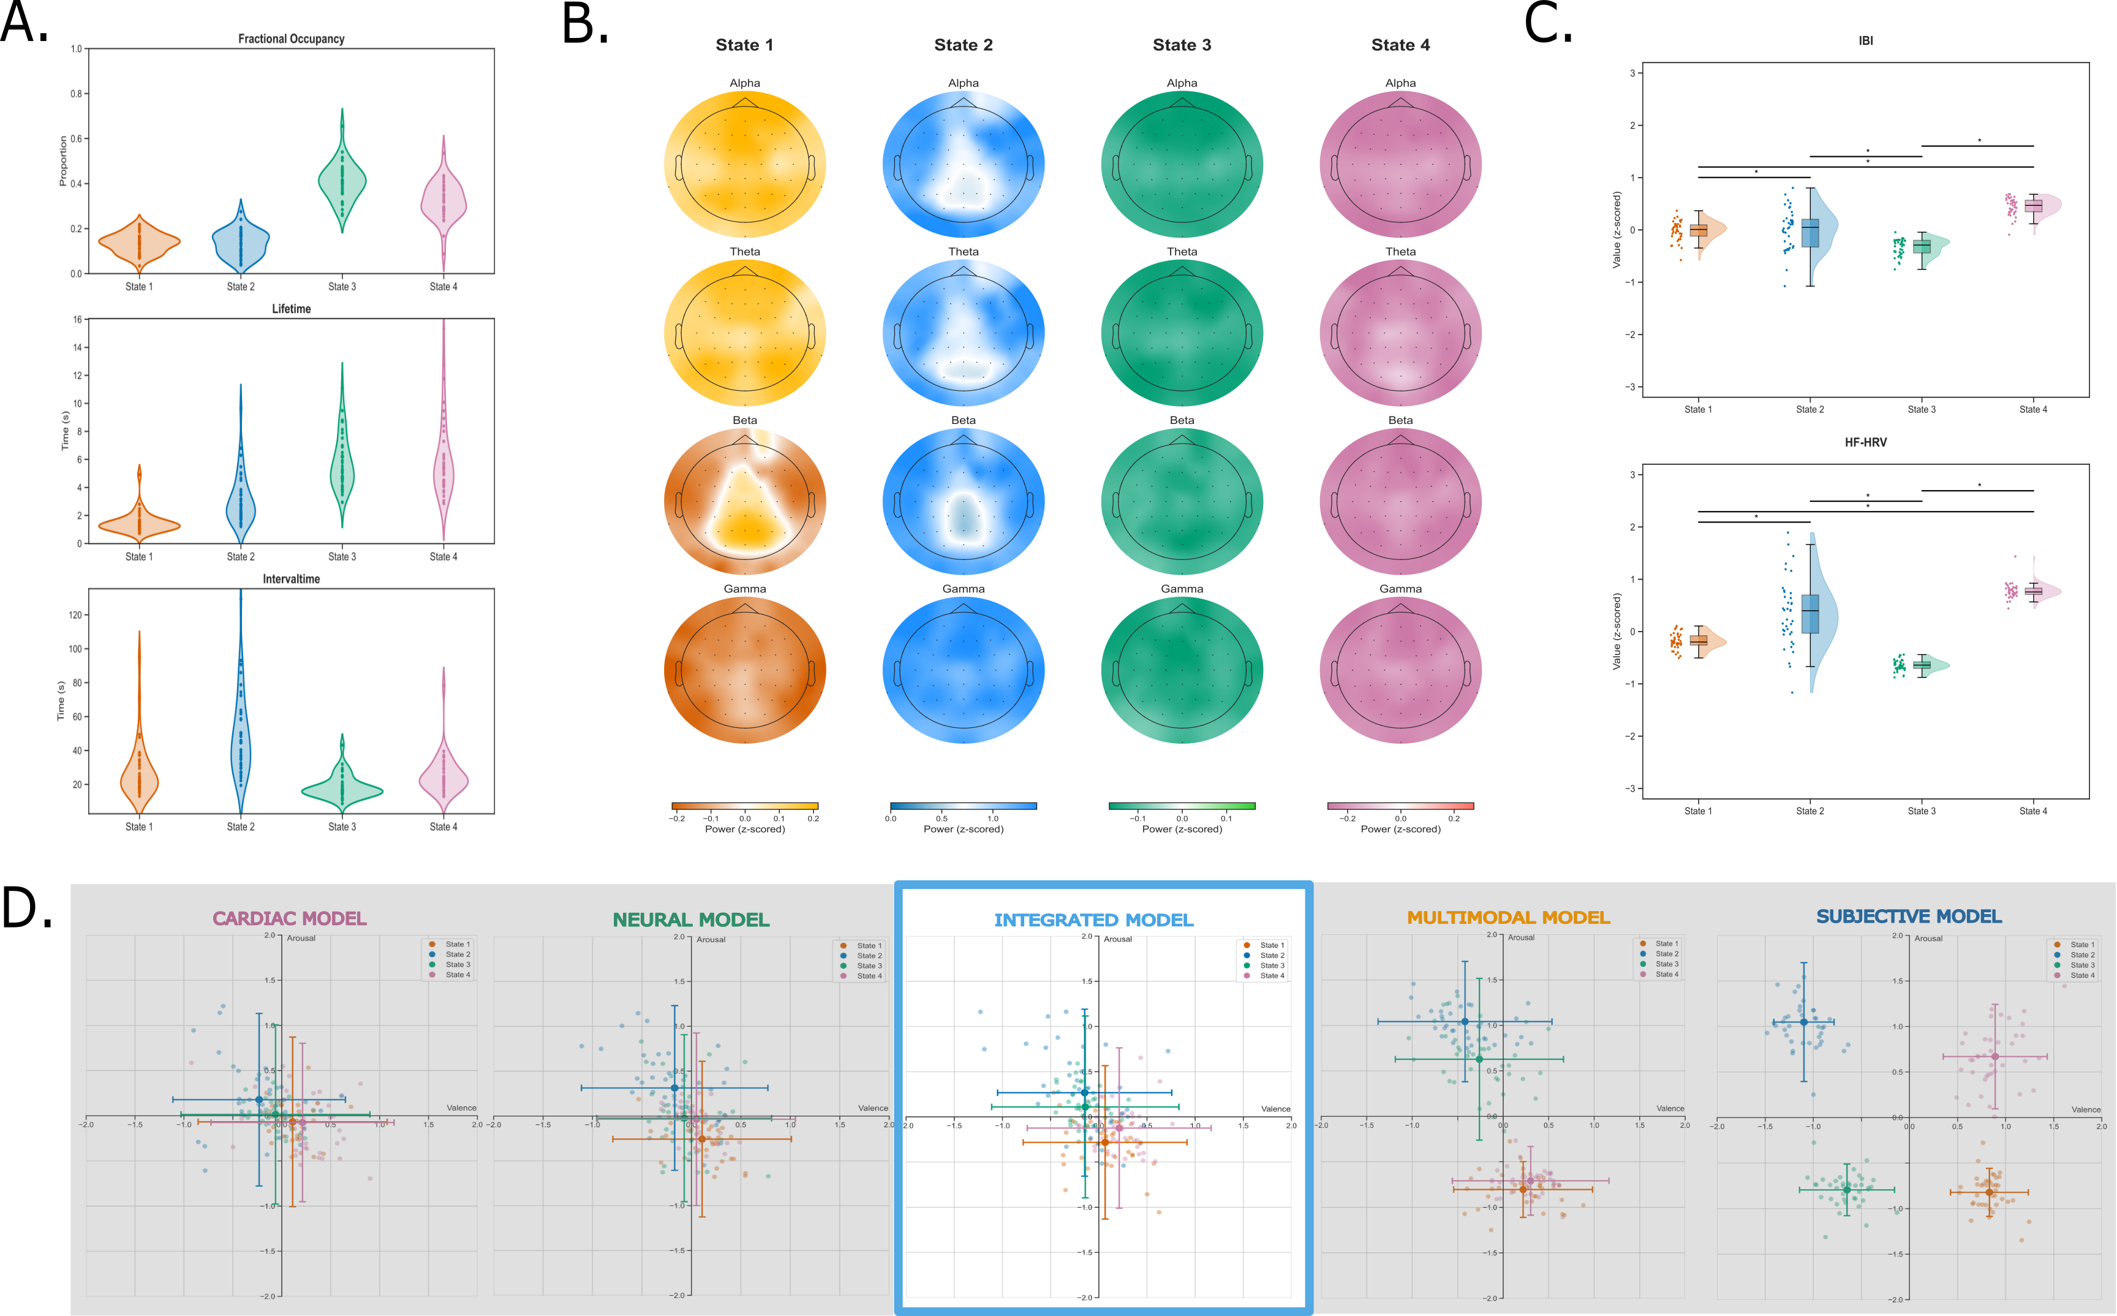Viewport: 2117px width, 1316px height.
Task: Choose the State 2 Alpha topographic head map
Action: [963, 164]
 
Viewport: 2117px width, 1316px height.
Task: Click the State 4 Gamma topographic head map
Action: [1400, 670]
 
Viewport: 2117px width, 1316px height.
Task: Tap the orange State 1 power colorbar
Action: [745, 806]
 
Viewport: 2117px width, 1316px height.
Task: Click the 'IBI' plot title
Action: [1865, 41]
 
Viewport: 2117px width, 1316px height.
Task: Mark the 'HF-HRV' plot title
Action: [1865, 442]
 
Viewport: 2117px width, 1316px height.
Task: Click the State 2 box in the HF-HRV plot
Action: [1810, 614]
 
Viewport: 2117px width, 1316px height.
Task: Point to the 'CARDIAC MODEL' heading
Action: [290, 918]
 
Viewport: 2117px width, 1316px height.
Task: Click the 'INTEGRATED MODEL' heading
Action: [1094, 920]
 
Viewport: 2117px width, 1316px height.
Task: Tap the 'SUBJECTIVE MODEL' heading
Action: [1909, 917]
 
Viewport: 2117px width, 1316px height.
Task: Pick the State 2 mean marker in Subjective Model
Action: [1804, 1022]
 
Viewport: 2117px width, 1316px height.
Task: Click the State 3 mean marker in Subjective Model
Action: [1846, 1189]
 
